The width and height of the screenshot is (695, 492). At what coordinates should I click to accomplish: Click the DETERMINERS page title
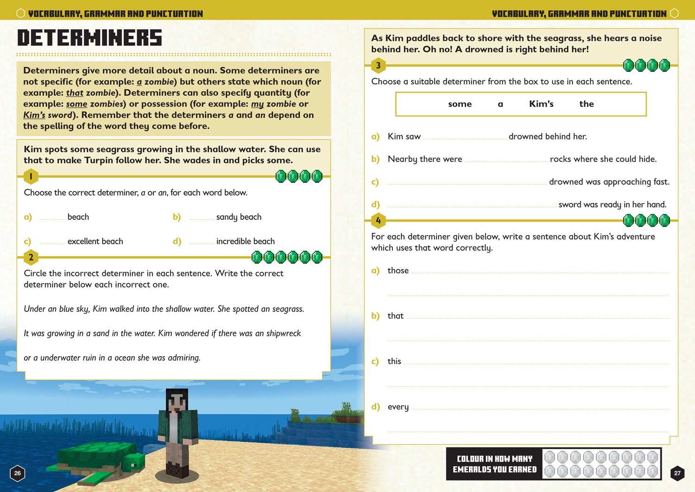click(x=89, y=38)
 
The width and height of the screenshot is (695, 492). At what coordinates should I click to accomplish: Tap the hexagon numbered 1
click(x=31, y=176)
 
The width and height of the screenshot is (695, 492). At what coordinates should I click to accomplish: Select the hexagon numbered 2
click(x=31, y=257)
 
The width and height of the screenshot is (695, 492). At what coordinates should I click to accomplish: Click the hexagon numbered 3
click(x=379, y=65)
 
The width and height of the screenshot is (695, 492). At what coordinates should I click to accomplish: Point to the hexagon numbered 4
click(x=379, y=220)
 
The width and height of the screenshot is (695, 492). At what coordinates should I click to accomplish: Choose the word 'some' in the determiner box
click(x=460, y=104)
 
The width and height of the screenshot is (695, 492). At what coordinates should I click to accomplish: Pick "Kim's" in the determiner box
click(x=541, y=104)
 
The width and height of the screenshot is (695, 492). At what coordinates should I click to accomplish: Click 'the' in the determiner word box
click(x=586, y=104)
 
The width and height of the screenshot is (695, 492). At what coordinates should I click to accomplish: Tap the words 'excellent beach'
click(x=95, y=241)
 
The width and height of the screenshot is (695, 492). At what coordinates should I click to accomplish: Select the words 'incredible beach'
click(x=245, y=241)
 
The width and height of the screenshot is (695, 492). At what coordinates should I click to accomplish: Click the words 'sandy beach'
click(x=239, y=217)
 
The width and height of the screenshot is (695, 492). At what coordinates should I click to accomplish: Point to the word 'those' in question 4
click(x=398, y=270)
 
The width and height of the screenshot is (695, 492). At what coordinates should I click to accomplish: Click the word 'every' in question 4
click(x=398, y=407)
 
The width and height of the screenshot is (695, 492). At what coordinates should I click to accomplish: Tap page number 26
click(x=18, y=473)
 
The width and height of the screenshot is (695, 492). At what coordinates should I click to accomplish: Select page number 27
click(x=677, y=473)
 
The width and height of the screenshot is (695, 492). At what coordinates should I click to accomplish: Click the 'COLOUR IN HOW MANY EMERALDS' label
click(x=494, y=464)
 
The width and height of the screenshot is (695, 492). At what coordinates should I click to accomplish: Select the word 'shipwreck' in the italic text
click(x=284, y=333)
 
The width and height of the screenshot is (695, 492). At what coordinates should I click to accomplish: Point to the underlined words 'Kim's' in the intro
click(x=34, y=115)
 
